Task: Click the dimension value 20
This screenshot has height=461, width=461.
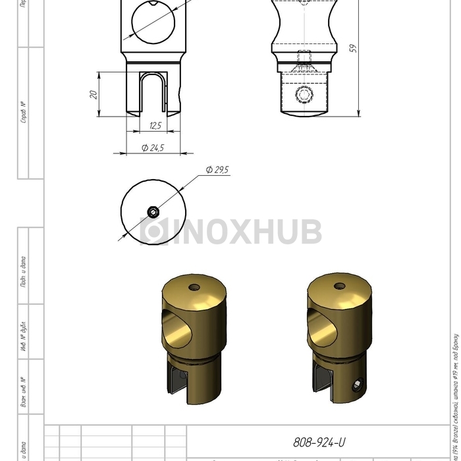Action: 94,94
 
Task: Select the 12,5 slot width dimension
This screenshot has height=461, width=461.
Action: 155,125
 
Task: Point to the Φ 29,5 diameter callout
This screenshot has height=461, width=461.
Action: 217,170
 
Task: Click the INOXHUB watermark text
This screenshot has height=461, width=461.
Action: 230,232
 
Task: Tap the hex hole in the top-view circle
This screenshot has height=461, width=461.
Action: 153,211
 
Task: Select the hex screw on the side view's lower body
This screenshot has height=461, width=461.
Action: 304,96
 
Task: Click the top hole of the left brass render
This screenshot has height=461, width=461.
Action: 194,287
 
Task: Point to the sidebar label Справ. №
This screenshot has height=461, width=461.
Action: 23,113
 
